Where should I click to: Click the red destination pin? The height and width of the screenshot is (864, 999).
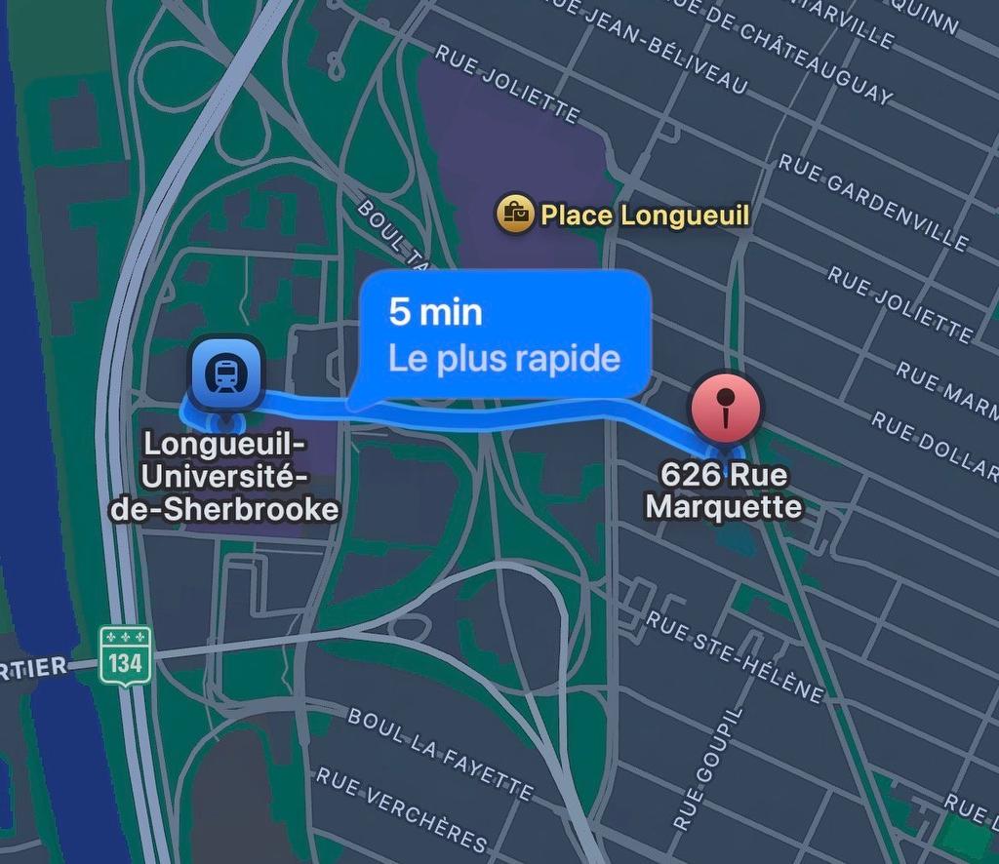pyautogui.click(x=725, y=408)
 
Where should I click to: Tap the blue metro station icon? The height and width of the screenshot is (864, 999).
pyautogui.click(x=226, y=373)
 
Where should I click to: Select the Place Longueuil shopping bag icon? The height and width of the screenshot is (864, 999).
pyautogui.click(x=514, y=213)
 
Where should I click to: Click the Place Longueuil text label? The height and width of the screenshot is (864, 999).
pyautogui.click(x=645, y=215)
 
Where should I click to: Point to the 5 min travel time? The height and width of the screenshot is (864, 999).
pyautogui.click(x=435, y=312)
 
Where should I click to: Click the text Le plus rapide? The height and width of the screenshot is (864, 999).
pyautogui.click(x=503, y=358)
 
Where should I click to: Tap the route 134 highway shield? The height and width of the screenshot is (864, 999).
pyautogui.click(x=126, y=655)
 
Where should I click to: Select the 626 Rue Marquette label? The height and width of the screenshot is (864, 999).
pyautogui.click(x=724, y=491)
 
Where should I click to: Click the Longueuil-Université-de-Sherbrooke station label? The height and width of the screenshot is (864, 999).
pyautogui.click(x=224, y=476)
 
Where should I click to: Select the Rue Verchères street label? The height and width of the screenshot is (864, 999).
pyautogui.click(x=401, y=808)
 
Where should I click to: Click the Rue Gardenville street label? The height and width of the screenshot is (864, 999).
pyautogui.click(x=873, y=201)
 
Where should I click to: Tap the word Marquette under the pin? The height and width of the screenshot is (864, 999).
pyautogui.click(x=724, y=507)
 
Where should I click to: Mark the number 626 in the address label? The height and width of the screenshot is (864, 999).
pyautogui.click(x=682, y=476)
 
